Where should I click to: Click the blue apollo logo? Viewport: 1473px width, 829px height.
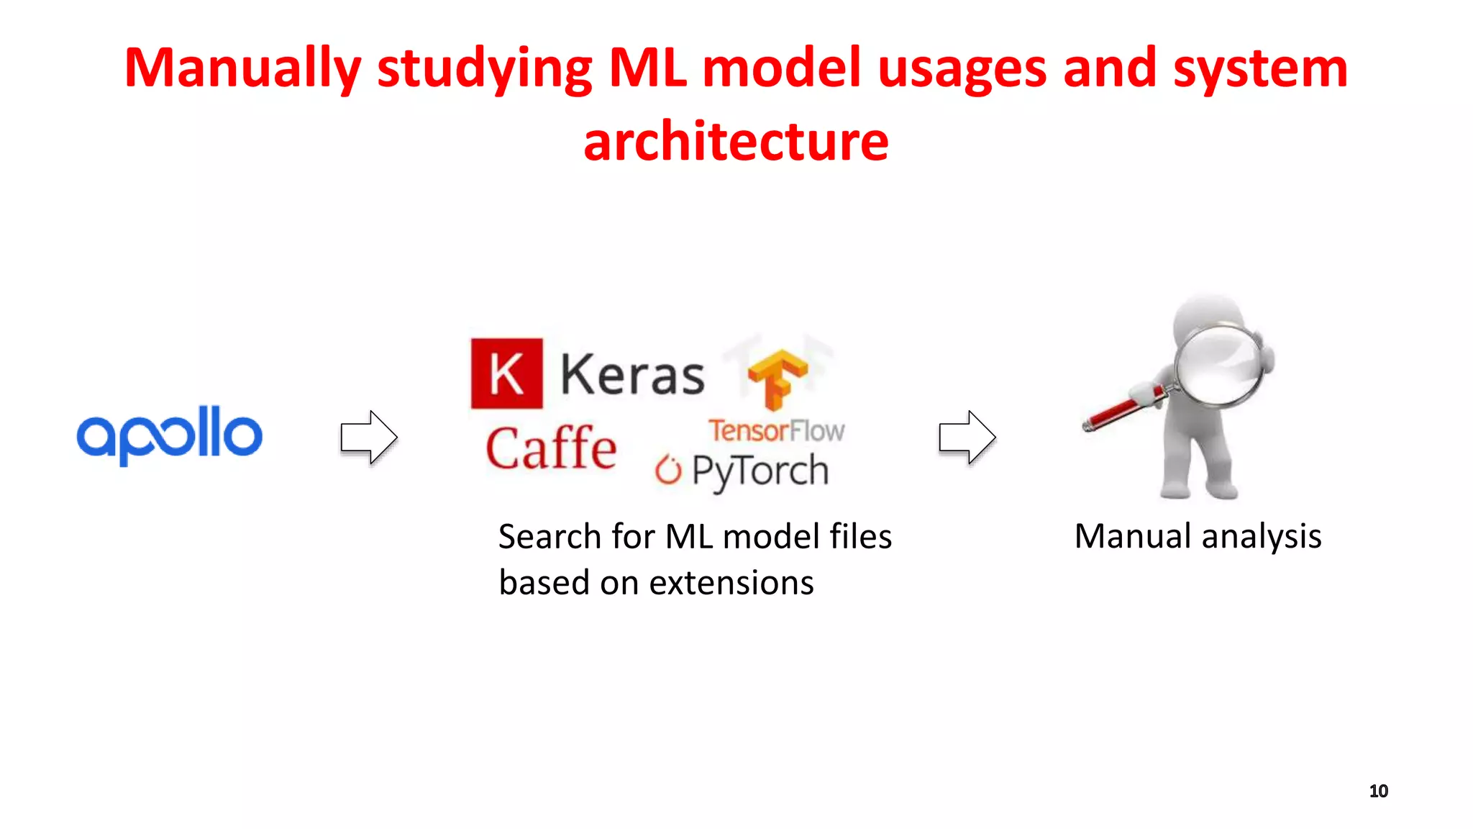(x=170, y=435)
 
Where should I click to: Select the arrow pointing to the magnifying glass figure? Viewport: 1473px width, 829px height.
(x=967, y=437)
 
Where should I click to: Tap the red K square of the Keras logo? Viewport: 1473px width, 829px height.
(x=507, y=373)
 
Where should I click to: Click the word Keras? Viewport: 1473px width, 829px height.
(x=631, y=376)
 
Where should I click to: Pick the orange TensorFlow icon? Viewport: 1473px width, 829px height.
(x=777, y=378)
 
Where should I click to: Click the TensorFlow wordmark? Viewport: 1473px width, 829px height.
(x=776, y=430)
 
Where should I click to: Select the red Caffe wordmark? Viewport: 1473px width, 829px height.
(x=551, y=448)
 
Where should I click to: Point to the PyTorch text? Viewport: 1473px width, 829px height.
(x=760, y=471)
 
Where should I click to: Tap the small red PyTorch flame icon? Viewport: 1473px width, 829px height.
(x=668, y=470)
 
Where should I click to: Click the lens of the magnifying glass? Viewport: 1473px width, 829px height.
(x=1219, y=366)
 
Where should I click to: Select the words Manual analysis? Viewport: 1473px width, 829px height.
(x=1198, y=536)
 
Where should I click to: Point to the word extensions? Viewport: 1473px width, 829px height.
(x=731, y=582)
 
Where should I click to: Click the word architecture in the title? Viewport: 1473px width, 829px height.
(x=736, y=141)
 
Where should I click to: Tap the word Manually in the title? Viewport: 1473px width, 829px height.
(x=242, y=68)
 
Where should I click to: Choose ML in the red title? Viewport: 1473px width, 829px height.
(x=647, y=68)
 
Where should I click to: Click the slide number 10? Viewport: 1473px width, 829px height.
(x=1378, y=791)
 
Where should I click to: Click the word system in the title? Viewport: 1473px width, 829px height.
(x=1260, y=68)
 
